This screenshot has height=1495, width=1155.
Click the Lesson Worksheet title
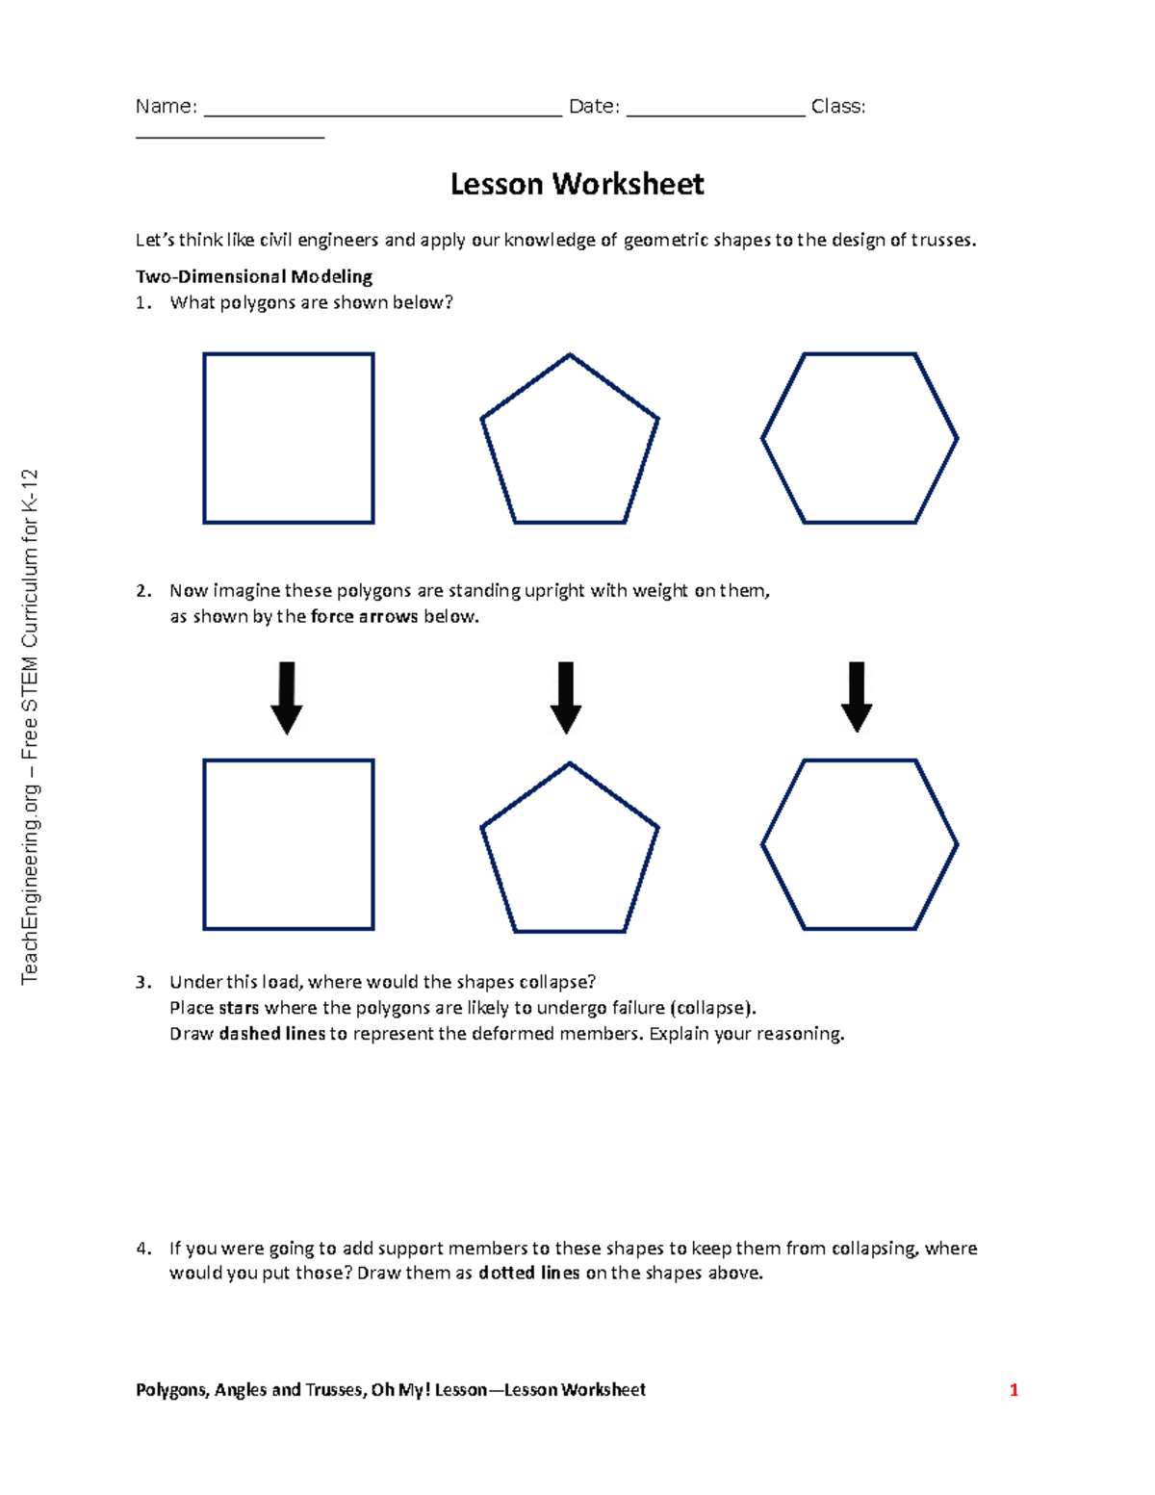[x=577, y=184]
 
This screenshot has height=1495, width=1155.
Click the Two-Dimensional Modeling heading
[x=254, y=276]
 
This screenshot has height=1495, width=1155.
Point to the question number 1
[x=142, y=302]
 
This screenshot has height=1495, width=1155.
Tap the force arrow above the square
[x=287, y=698]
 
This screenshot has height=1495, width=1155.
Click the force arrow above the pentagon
[x=566, y=698]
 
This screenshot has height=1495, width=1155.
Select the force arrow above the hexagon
[x=857, y=697]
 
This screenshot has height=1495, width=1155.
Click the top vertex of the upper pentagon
[x=570, y=355]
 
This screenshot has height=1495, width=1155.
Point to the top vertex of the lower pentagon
[x=570, y=764]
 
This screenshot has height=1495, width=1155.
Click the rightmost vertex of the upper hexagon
[x=957, y=439]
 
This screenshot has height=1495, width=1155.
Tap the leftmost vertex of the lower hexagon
[x=762, y=845]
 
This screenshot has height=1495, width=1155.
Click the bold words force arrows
[x=365, y=616]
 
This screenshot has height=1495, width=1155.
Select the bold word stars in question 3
[x=239, y=1008]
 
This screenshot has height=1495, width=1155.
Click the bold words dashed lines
[x=272, y=1034]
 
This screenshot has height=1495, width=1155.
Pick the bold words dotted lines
[x=528, y=1273]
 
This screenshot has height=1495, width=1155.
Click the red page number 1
[x=1014, y=1390]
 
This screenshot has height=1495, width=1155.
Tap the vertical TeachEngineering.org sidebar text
[x=31, y=726]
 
